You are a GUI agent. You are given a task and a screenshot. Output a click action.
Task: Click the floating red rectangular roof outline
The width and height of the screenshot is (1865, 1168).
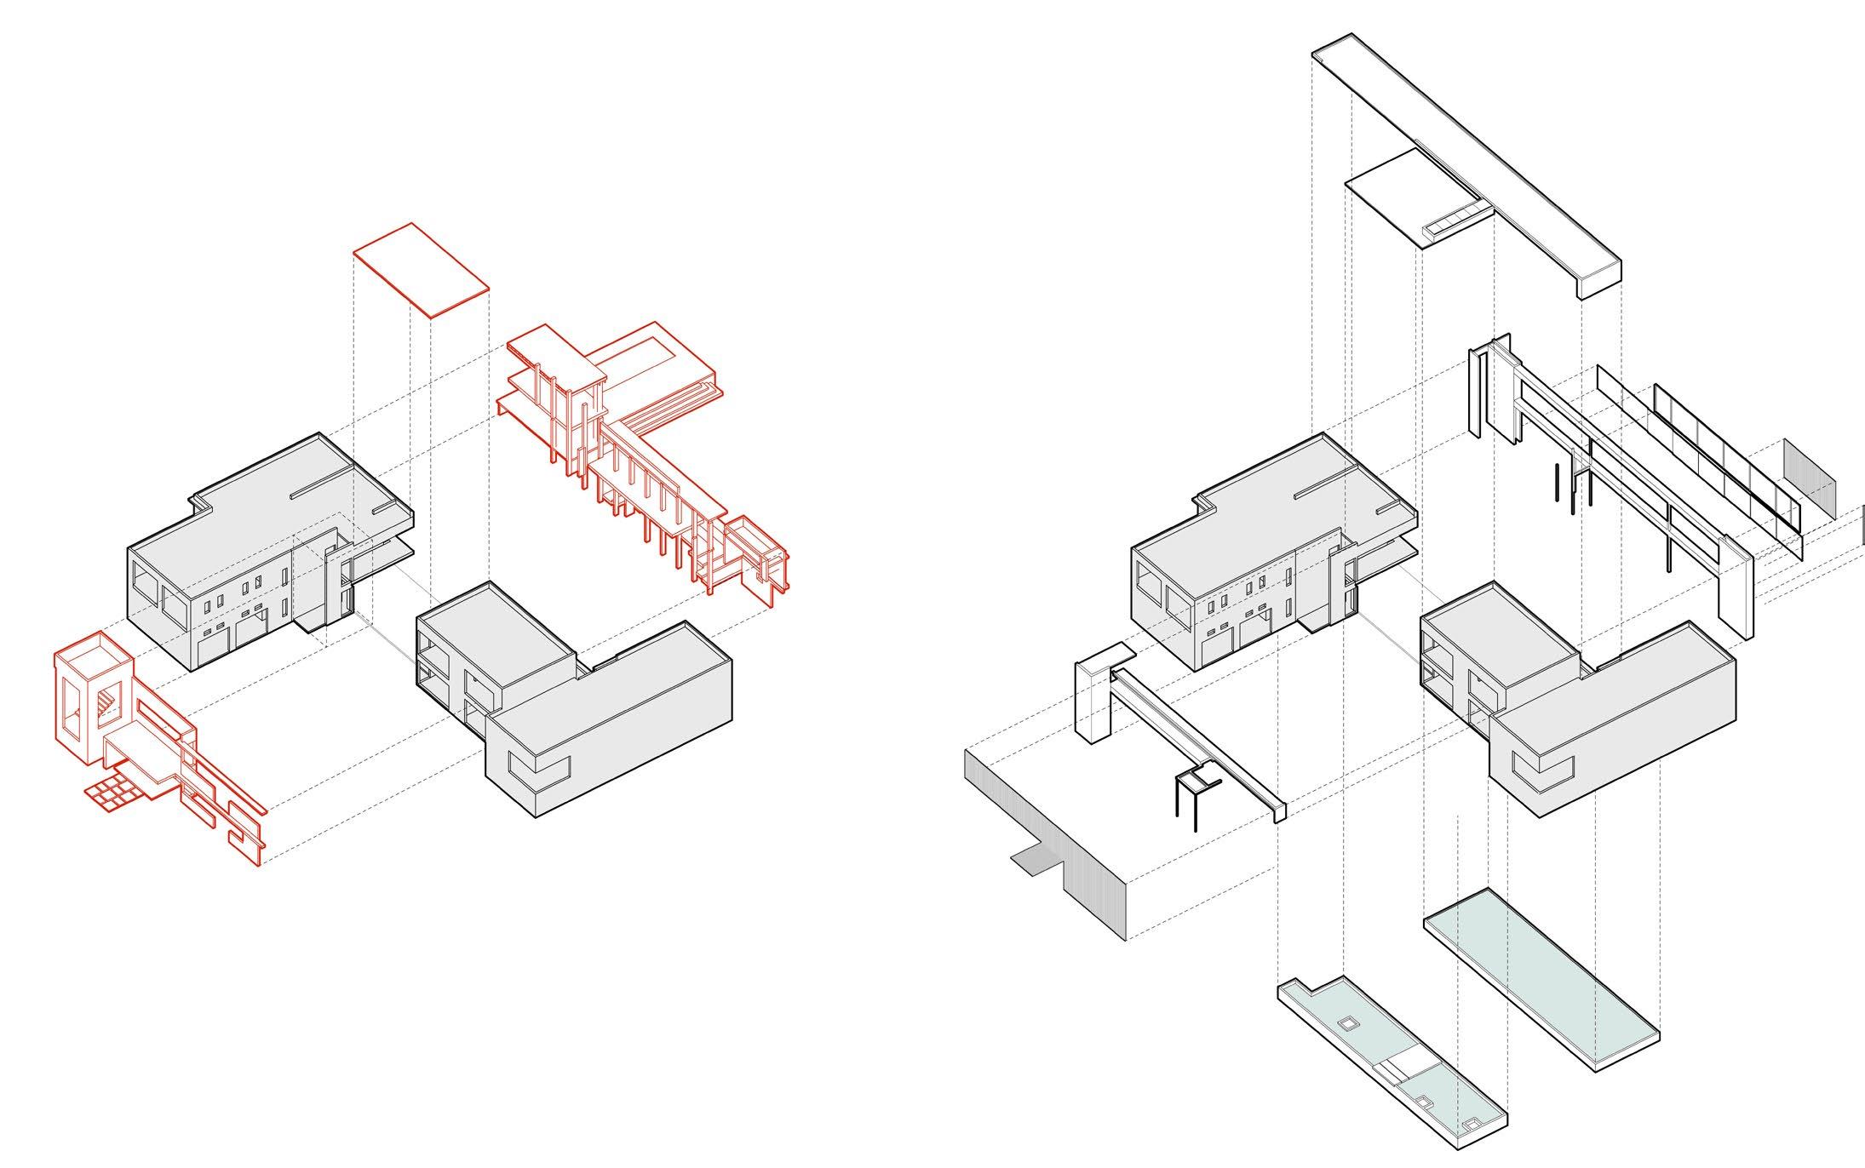point(422,270)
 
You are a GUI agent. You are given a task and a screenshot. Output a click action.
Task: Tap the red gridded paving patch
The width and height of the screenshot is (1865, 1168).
point(112,793)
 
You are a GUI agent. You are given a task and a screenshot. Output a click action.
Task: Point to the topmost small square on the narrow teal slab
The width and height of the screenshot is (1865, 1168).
point(1347,1024)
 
